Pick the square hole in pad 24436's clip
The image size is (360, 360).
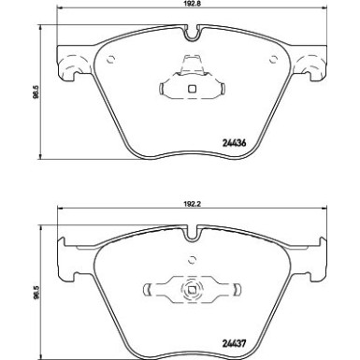tap(192, 90)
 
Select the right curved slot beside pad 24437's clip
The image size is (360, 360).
tap(232, 287)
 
